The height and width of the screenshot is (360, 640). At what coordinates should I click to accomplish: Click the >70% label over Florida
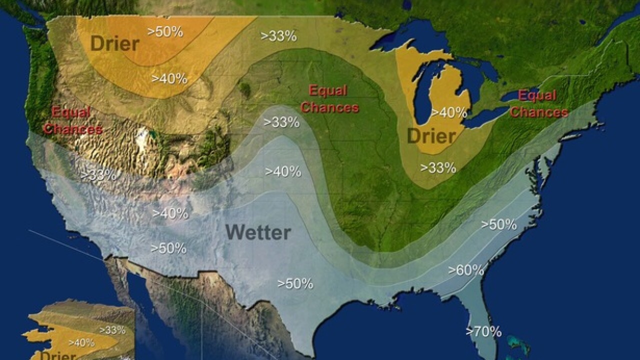coord(483,331)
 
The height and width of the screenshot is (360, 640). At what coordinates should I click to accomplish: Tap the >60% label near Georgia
coord(466,270)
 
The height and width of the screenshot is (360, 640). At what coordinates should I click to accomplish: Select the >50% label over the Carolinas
coord(499,224)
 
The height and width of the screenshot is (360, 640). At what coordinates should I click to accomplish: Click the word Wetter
coord(258,232)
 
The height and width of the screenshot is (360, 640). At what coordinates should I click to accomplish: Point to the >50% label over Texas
coord(295,283)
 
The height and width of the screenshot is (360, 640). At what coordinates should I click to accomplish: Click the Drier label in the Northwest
coord(114,43)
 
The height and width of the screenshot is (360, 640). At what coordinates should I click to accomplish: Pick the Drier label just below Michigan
coord(431,136)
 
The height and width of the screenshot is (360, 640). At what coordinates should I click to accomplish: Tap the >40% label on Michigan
coord(449,112)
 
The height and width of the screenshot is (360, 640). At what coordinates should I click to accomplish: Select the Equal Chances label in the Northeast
coord(538,103)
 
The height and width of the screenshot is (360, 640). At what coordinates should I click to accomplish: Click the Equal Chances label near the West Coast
coord(73,120)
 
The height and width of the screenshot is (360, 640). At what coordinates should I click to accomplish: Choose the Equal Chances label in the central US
coord(329,99)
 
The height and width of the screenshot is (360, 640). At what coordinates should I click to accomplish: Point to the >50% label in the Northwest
coord(165,31)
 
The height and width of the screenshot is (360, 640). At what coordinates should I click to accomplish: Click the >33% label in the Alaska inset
coord(112,330)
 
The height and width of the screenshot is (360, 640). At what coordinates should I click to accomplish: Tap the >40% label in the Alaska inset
coord(81,342)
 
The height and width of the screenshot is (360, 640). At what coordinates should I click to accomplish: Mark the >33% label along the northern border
coord(279,35)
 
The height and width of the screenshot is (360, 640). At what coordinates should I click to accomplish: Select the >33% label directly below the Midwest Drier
coord(438,168)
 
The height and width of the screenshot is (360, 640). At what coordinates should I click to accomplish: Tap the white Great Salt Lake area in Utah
coord(143,136)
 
